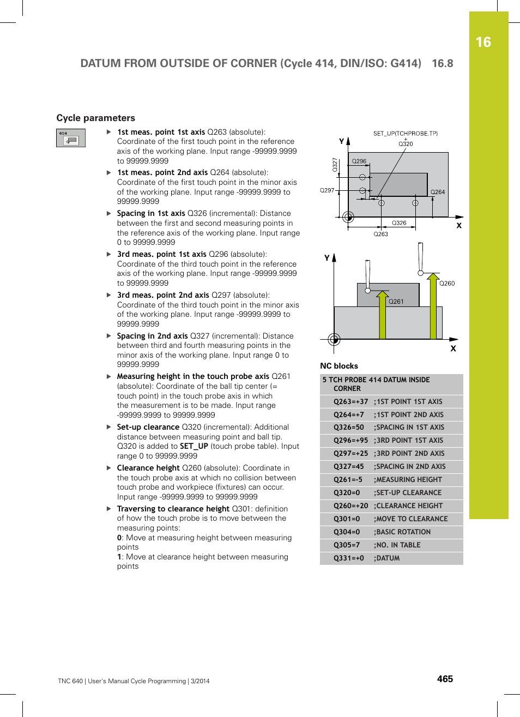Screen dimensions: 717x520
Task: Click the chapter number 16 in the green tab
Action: tap(483, 43)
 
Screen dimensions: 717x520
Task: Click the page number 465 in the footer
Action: tap(445, 679)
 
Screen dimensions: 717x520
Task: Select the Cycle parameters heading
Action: tap(95, 118)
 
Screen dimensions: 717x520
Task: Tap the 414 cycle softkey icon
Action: tap(71, 138)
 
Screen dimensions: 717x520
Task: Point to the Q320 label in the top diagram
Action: tap(406, 144)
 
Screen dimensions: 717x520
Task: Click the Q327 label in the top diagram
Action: tap(335, 165)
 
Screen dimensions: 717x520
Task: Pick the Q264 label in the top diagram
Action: tap(437, 192)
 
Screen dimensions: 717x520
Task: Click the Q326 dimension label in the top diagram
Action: tap(399, 223)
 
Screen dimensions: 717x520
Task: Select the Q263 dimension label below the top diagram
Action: tap(380, 234)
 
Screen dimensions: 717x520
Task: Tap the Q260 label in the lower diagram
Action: tap(447, 284)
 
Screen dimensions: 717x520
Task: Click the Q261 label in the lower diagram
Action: tap(396, 302)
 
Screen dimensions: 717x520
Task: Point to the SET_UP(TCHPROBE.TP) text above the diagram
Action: tap(405, 133)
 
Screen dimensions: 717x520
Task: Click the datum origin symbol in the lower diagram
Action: tap(334, 340)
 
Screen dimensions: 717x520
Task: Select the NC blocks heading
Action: tap(338, 366)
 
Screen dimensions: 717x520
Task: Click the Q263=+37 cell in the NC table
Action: tap(350, 401)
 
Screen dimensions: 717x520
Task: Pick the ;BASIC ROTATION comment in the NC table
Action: tap(402, 532)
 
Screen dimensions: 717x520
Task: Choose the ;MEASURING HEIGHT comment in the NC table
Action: tap(408, 479)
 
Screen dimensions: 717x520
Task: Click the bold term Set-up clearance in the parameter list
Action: tap(148, 427)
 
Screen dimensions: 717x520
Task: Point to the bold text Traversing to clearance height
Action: tap(173, 509)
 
